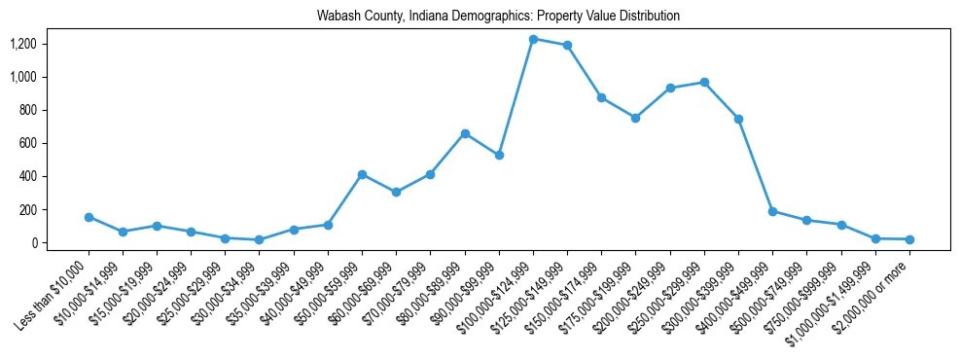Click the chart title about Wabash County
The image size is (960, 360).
pos(498,17)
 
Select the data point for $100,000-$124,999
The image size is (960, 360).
pos(533,39)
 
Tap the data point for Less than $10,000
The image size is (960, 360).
pos(89,217)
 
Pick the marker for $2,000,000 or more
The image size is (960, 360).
pos(909,239)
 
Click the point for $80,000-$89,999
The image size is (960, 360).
pos(465,133)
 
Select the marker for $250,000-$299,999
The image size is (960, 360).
pos(704,82)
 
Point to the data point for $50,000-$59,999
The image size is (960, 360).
pos(362,174)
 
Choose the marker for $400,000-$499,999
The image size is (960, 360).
pos(772,211)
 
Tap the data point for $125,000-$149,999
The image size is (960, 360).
pos(567,45)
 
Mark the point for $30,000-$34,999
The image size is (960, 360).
pos(259,239)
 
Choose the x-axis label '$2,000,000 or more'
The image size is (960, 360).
pos(873,294)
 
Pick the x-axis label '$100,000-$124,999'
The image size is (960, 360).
pos(498,293)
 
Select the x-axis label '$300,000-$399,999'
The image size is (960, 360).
pos(703,293)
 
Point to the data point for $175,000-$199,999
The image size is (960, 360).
pos(635,118)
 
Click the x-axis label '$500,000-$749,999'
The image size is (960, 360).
pos(771,293)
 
